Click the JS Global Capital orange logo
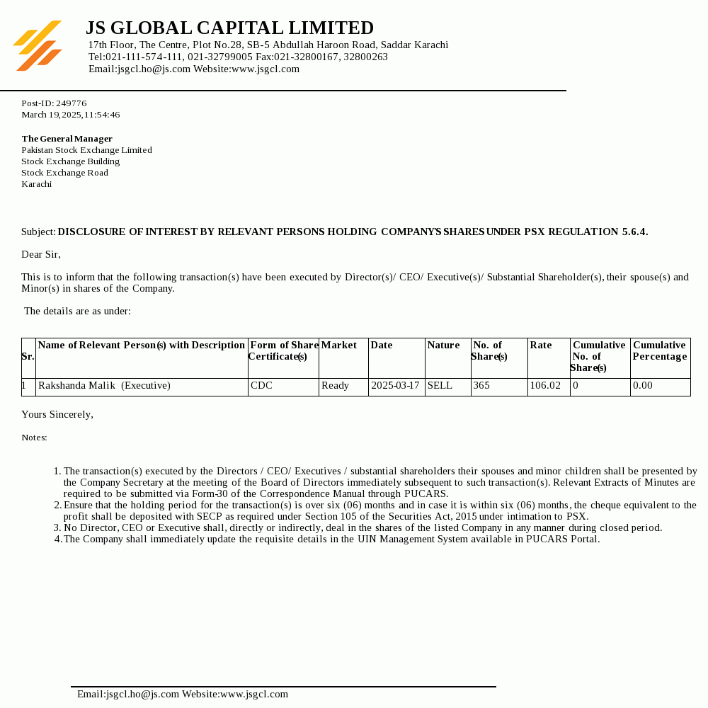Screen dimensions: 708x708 (x=38, y=46)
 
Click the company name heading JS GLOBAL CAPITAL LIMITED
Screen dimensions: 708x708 (x=229, y=28)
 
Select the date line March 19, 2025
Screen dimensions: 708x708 (x=70, y=115)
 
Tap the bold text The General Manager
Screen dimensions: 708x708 (x=67, y=139)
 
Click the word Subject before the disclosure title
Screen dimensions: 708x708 (x=38, y=232)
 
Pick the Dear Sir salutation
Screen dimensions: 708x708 (x=41, y=254)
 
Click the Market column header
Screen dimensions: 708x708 (x=339, y=346)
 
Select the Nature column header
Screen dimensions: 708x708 (x=443, y=346)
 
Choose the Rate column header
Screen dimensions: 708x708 (x=541, y=346)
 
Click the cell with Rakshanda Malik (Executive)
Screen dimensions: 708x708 (x=104, y=386)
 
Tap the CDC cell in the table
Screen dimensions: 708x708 (x=261, y=386)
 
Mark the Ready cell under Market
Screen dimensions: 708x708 (x=335, y=386)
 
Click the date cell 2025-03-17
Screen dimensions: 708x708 (x=395, y=386)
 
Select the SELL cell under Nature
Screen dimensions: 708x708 (x=440, y=386)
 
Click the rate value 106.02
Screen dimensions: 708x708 (x=545, y=386)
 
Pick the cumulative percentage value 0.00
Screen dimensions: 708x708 (x=643, y=386)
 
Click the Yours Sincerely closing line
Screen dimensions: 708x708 (x=57, y=414)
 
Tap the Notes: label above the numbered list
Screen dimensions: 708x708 (x=34, y=438)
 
